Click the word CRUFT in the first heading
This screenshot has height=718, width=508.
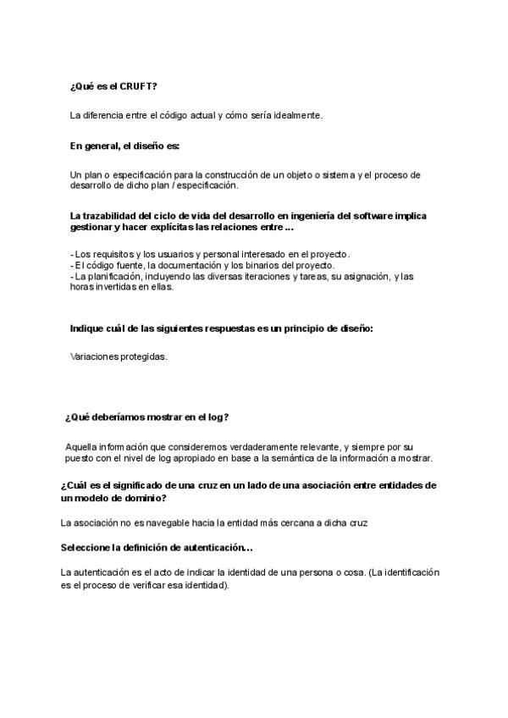click(138, 86)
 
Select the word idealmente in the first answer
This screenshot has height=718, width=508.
click(297, 115)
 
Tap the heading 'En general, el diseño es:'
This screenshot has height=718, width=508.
click(124, 146)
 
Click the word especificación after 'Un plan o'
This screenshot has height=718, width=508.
click(146, 174)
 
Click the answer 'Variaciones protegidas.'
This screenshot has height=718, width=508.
click(119, 356)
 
